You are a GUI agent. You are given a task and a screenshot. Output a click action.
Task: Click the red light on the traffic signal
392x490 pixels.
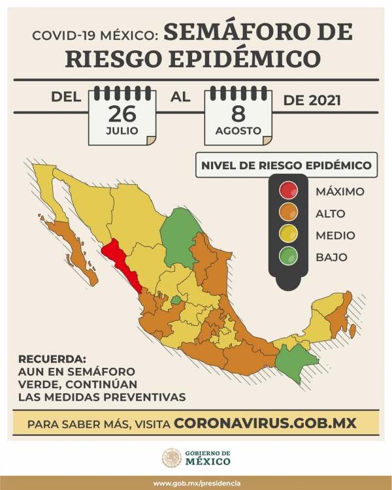(288, 191)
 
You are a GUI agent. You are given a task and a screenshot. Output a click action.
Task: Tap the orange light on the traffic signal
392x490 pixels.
(288, 213)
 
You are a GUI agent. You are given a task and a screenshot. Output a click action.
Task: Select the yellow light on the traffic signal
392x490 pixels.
(288, 235)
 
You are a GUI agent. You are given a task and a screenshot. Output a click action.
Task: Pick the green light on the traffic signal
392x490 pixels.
(288, 257)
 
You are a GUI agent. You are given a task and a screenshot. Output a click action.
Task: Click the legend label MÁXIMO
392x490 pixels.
(339, 191)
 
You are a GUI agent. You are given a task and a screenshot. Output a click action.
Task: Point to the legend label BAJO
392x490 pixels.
(331, 257)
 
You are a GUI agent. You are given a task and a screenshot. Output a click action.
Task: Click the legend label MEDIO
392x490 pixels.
(335, 235)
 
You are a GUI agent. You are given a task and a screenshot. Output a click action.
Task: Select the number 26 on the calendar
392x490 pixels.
(122, 113)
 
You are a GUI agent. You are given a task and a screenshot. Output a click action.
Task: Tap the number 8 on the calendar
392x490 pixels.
(238, 113)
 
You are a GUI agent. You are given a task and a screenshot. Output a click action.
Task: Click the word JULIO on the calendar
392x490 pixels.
(122, 131)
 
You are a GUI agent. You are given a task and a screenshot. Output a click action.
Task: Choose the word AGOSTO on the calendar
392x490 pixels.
(238, 131)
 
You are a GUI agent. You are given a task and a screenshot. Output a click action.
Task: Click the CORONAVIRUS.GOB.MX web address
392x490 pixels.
(265, 423)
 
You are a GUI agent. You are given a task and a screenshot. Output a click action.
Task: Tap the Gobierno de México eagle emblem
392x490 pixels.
(172, 457)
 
